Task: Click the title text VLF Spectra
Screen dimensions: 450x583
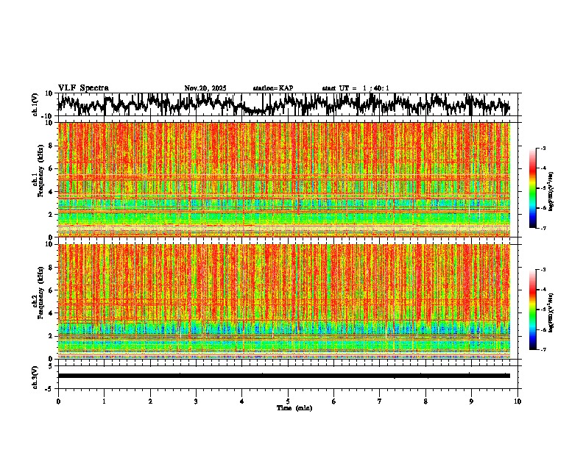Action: click(83, 88)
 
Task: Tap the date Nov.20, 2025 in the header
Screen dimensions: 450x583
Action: click(205, 88)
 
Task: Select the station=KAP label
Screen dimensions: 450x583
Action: click(272, 88)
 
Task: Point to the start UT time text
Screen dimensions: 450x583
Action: click(356, 88)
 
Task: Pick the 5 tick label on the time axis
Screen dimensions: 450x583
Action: click(288, 401)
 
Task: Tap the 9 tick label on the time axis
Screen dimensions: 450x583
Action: click(472, 401)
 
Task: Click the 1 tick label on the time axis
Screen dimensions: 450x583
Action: click(104, 401)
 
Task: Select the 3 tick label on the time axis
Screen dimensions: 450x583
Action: click(196, 401)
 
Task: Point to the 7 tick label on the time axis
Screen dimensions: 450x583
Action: click(380, 401)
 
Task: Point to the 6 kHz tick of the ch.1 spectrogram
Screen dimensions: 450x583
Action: click(52, 168)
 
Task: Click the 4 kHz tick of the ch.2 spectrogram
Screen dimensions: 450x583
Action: click(52, 313)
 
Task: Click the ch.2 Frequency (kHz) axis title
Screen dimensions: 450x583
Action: click(39, 301)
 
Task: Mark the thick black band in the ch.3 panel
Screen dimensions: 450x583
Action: click(283, 376)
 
